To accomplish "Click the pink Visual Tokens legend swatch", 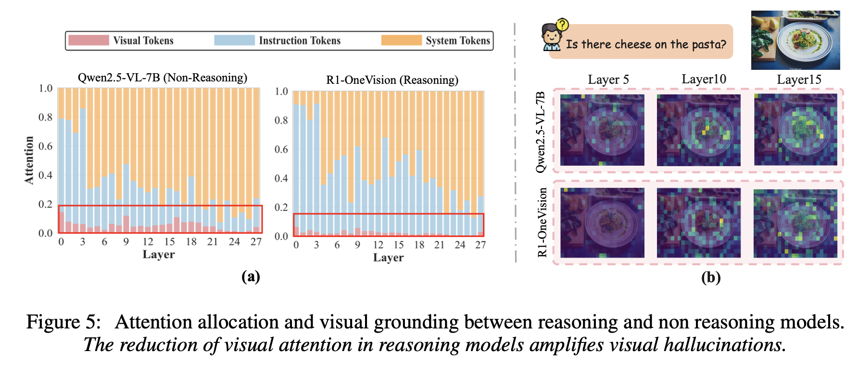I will tap(88, 40).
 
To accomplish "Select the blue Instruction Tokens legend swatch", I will tap(234, 40).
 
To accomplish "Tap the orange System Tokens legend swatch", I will tap(401, 40).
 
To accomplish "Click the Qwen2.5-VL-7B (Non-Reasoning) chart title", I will tap(162, 78).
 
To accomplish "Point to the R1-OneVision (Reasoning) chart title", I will tap(392, 80).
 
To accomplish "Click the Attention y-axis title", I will tap(29, 160).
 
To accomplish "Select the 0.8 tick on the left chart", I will tap(45, 118).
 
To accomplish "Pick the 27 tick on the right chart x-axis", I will tap(480, 245).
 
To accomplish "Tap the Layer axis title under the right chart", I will tap(388, 258).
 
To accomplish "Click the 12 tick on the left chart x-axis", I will tap(148, 242).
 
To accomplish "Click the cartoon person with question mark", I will tap(552, 37).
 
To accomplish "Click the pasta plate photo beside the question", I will tap(795, 40).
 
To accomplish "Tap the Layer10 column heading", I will tap(704, 79).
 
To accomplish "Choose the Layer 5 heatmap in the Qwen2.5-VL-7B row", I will tap(602, 130).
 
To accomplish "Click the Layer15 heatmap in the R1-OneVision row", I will tap(795, 223).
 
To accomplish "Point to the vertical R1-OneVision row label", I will tap(543, 222).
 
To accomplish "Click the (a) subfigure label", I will tap(251, 276).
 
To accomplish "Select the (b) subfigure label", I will tap(710, 277).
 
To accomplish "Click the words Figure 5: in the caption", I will tap(63, 322).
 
